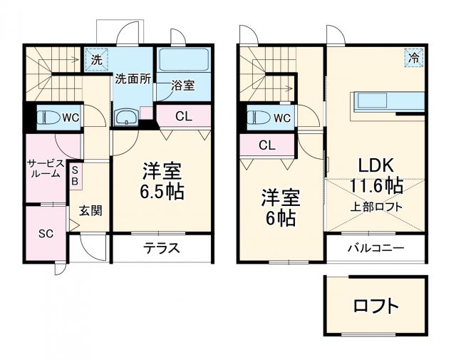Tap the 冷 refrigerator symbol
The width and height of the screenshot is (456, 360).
(413, 58)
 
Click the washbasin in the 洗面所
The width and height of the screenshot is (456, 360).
(128, 118)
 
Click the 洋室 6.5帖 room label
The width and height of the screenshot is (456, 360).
(162, 181)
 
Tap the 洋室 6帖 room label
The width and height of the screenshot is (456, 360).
(279, 207)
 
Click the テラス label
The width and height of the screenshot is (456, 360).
(162, 249)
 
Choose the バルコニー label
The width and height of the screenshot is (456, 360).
(375, 249)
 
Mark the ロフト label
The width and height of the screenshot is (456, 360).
(375, 307)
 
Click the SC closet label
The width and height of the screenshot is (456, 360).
(46, 233)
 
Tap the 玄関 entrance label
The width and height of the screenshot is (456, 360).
(90, 210)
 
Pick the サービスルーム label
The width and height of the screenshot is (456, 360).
(44, 168)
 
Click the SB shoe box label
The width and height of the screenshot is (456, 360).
(75, 175)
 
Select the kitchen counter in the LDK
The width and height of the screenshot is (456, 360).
(386, 103)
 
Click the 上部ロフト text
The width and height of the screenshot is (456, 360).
(376, 207)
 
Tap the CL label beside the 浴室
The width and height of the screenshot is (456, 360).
(182, 116)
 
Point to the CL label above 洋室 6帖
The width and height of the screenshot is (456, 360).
(266, 145)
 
